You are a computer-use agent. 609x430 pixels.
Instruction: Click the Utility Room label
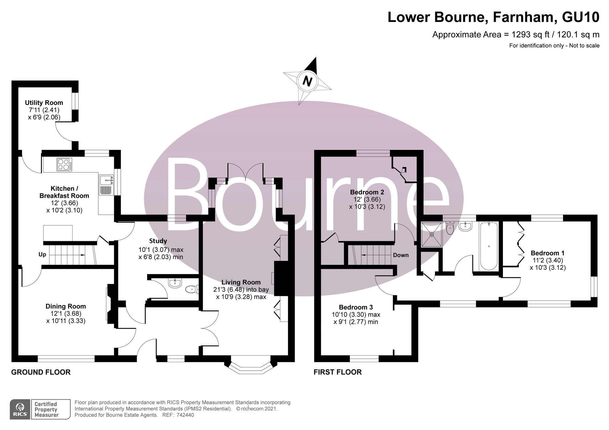[44, 103]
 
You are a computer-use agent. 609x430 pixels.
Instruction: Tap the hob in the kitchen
[64, 164]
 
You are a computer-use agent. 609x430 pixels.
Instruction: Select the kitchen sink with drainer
[106, 185]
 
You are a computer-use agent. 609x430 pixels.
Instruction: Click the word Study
[158, 241]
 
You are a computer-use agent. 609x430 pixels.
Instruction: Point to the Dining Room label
[66, 306]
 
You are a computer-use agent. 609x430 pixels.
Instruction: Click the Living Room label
[241, 282]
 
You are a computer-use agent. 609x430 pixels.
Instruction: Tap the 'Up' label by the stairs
[42, 255]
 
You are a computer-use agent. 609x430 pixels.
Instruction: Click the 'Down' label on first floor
[401, 255]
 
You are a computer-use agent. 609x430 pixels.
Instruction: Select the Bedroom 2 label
[367, 192]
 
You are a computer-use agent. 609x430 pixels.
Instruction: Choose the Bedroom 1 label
[548, 253]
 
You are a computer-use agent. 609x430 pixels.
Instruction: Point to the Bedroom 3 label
[356, 307]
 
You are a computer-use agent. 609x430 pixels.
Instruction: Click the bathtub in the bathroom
[489, 246]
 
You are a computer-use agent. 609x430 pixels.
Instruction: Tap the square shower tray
[432, 234]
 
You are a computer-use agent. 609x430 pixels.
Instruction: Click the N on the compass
[307, 82]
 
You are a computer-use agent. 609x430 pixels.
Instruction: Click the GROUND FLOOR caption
[41, 372]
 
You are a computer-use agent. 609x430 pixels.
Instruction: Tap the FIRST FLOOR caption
[338, 372]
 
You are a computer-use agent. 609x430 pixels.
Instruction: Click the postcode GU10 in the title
[581, 17]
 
